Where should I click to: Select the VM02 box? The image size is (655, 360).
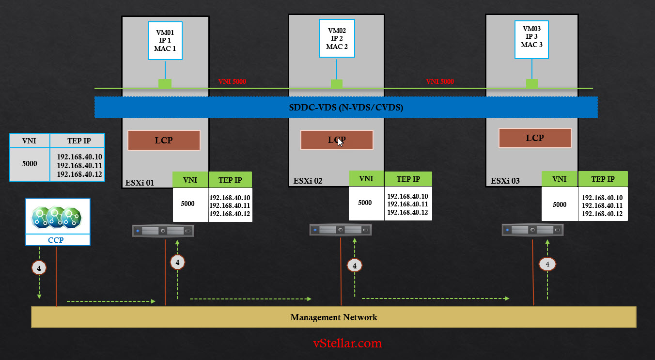point(336,39)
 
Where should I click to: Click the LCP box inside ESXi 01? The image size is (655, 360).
point(164,141)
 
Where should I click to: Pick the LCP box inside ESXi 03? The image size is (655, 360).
point(535,138)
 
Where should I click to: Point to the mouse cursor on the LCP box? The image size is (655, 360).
point(341,141)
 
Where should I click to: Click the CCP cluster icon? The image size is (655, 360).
point(57,217)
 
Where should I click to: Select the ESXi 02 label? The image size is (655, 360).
point(308,182)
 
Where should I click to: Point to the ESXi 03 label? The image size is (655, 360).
point(505,181)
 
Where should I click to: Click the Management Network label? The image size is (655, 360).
point(333,317)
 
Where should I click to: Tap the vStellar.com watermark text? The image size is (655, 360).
point(347,344)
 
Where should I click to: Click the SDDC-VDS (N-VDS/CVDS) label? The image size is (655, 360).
point(346,108)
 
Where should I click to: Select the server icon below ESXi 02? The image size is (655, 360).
point(341,230)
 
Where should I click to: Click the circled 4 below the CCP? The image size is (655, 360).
point(39,267)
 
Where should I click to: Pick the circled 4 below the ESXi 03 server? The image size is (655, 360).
point(547,264)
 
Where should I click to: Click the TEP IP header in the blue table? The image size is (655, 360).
point(78,141)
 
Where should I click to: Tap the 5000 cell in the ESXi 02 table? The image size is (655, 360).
point(365,203)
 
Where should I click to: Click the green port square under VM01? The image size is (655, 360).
point(165,84)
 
